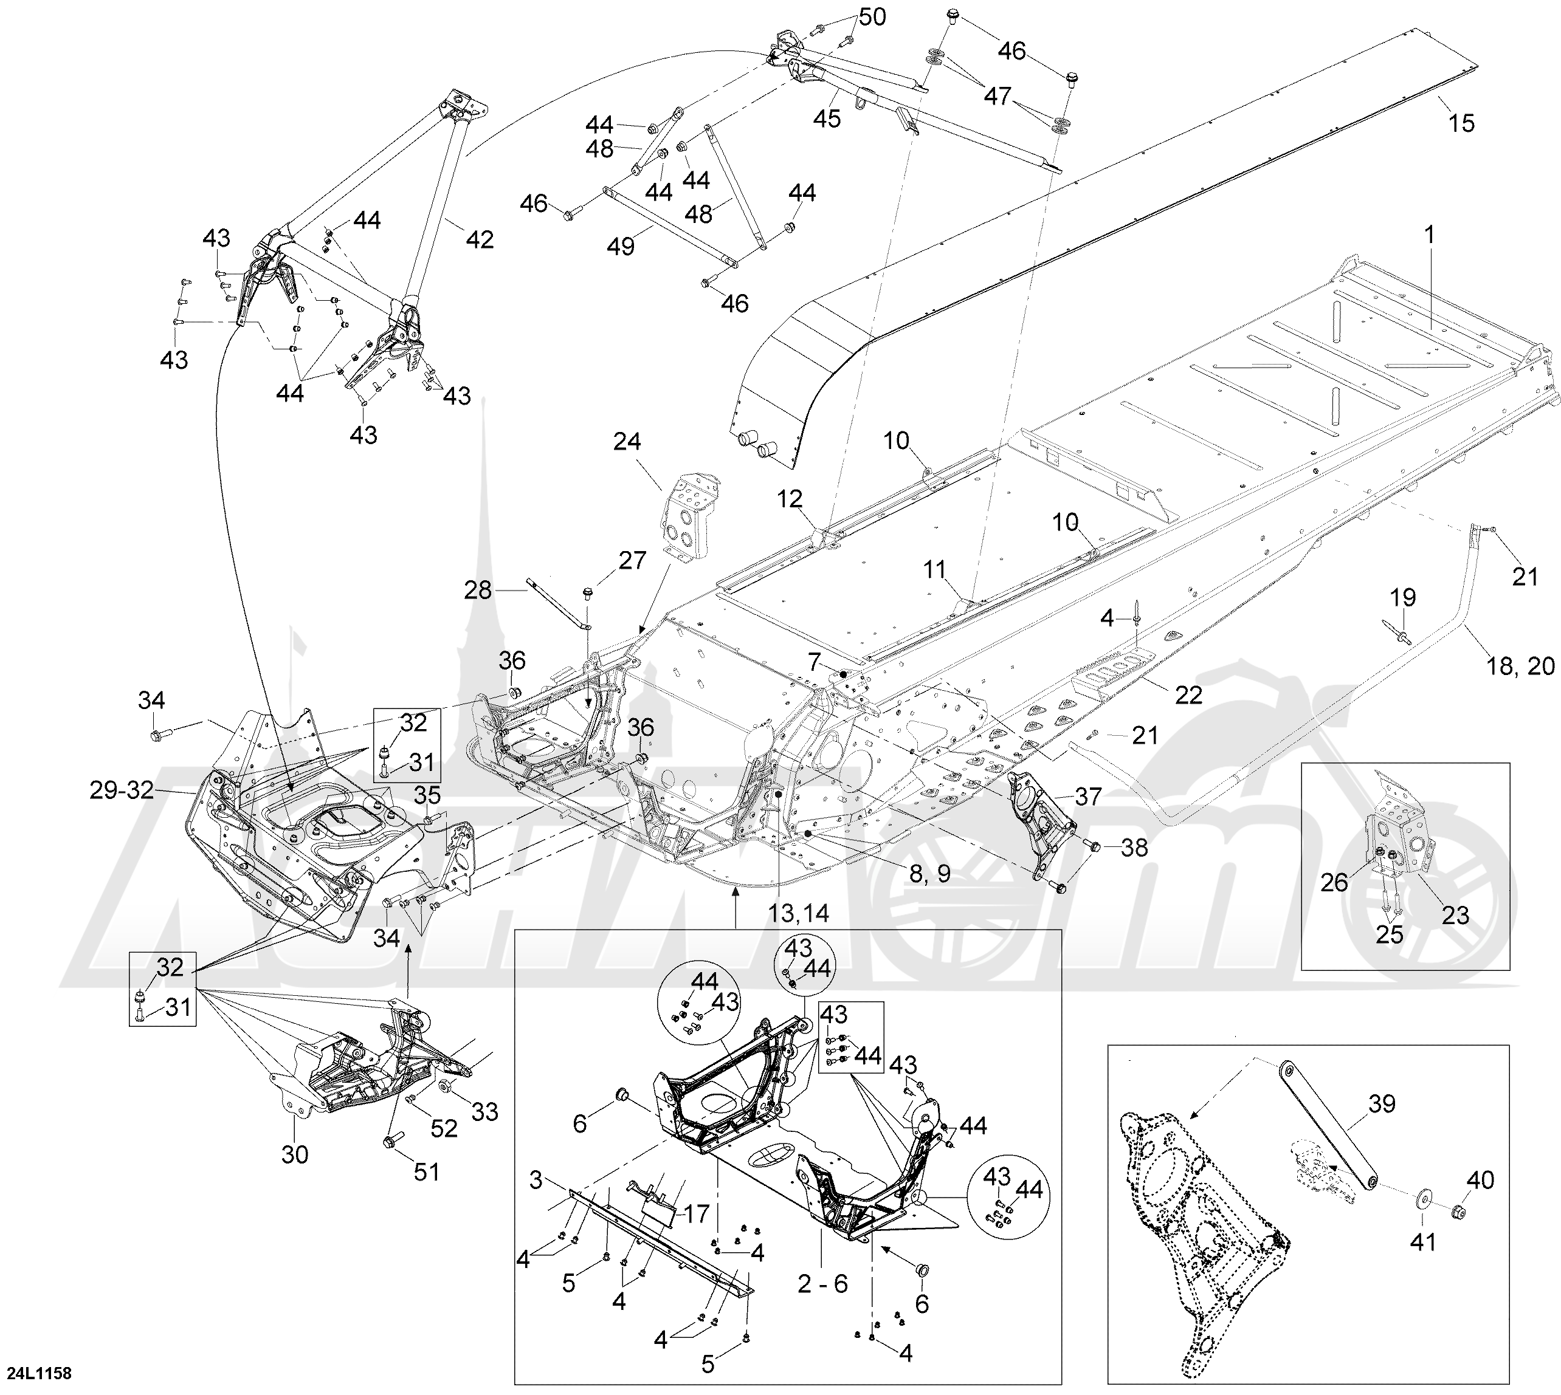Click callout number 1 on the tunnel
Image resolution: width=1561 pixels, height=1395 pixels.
pos(1429,234)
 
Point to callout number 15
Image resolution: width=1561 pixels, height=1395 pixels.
pos(1461,123)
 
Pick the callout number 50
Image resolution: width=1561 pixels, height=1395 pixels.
pos(871,17)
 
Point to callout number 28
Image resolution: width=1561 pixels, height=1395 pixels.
pos(478,590)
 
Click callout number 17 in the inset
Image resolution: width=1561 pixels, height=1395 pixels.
pos(696,1214)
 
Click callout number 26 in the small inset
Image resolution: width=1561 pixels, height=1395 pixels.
pos(1334,882)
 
